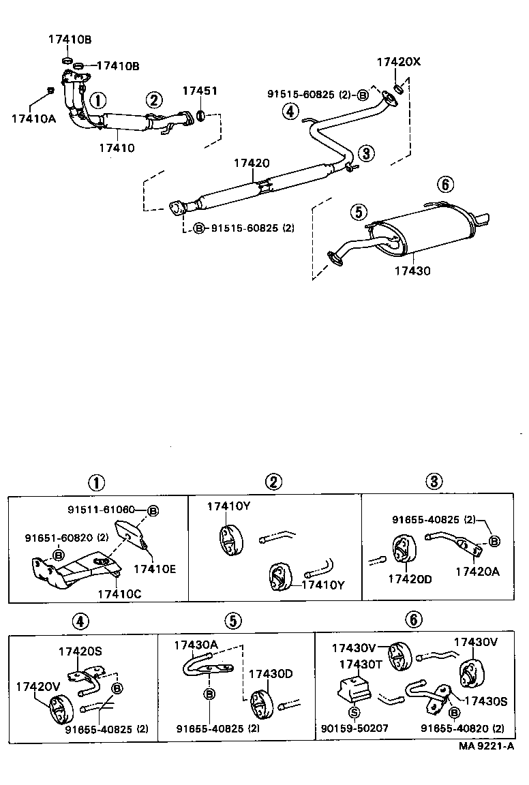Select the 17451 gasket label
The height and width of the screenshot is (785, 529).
click(200, 91)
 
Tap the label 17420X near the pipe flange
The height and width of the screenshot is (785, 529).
click(399, 63)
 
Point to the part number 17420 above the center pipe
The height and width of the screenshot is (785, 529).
click(252, 164)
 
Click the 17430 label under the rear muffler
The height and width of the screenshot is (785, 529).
click(412, 271)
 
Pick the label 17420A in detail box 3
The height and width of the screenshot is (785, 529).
click(477, 572)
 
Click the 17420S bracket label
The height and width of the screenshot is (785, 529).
click(80, 651)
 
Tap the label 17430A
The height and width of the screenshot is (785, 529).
click(196, 645)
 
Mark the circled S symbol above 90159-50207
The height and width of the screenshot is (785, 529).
click(354, 713)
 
